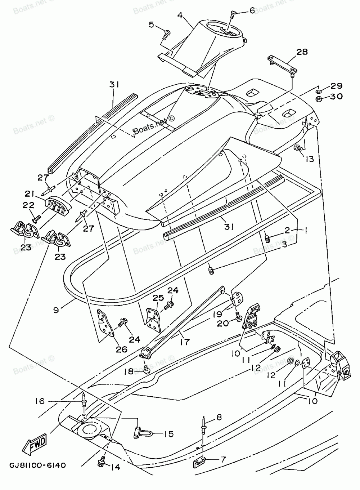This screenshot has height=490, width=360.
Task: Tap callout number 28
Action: coord(302,52)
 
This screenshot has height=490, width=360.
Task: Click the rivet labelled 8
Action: coord(204,423)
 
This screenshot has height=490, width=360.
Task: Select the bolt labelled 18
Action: coord(146,369)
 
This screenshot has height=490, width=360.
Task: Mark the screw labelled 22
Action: coord(36,217)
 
